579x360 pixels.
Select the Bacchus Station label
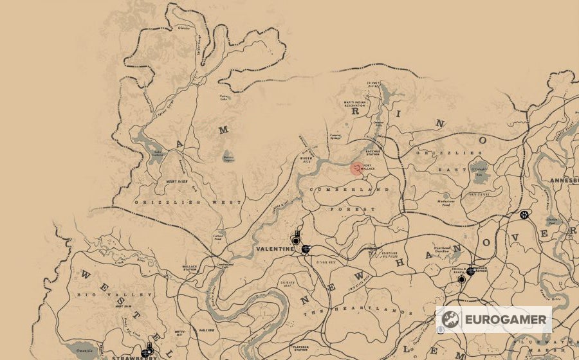coord(374,153)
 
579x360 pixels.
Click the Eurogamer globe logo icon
coord(450,319)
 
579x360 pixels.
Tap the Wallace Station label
coord(190,267)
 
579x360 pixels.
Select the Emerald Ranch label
coord(459,270)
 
